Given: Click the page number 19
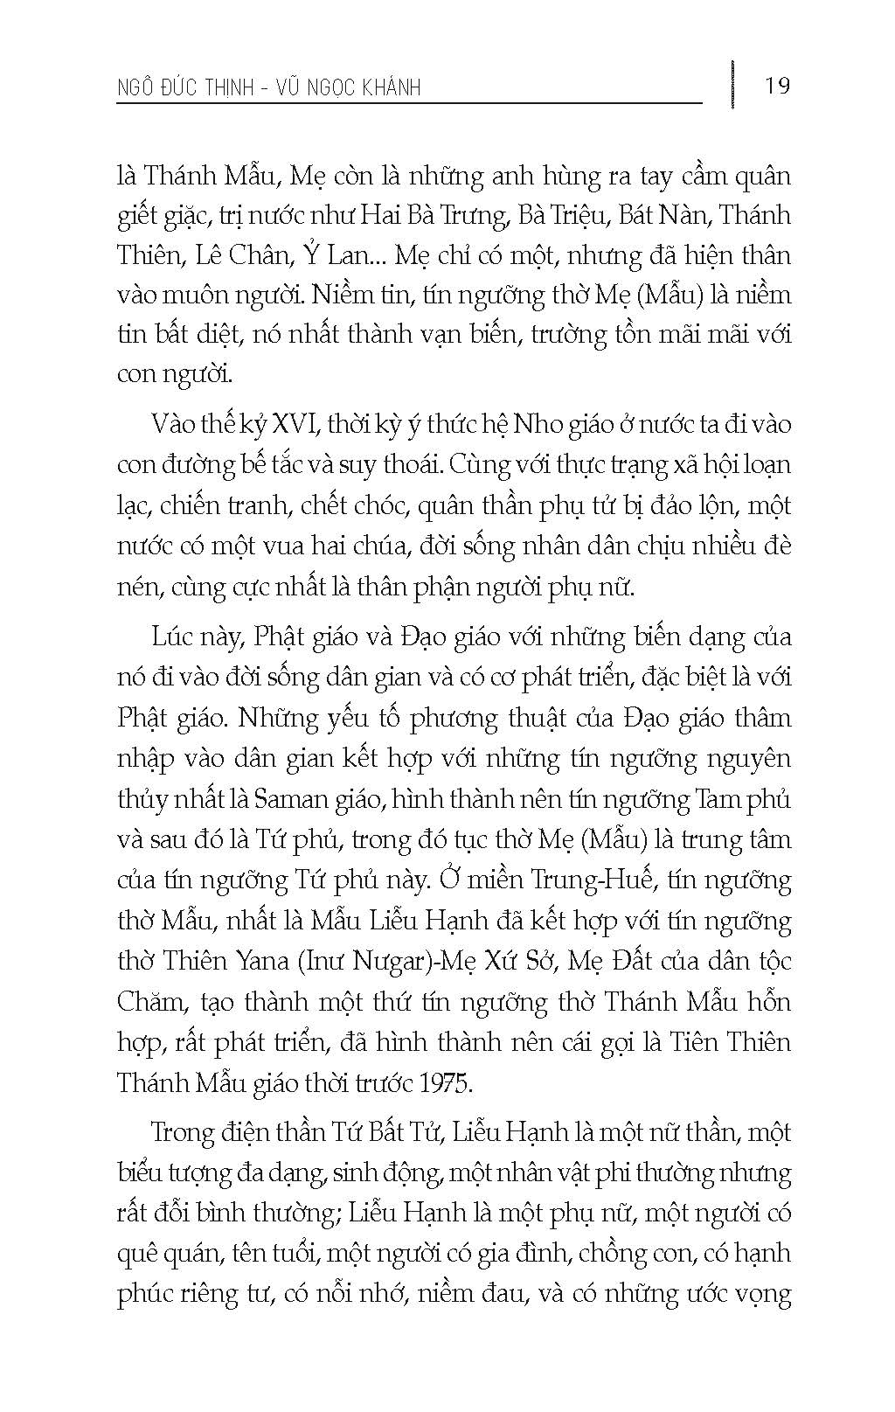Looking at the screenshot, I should coord(776,86).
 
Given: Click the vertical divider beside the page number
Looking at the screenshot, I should coord(732,85).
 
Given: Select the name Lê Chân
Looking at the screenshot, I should coord(244,256).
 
